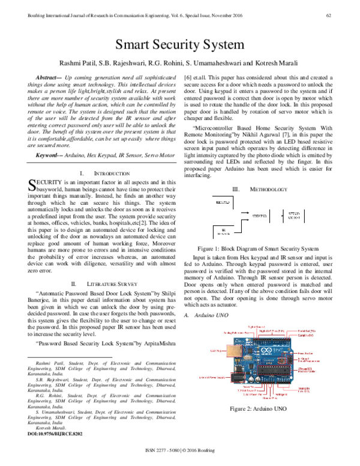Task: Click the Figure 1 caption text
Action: coord(259,248)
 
